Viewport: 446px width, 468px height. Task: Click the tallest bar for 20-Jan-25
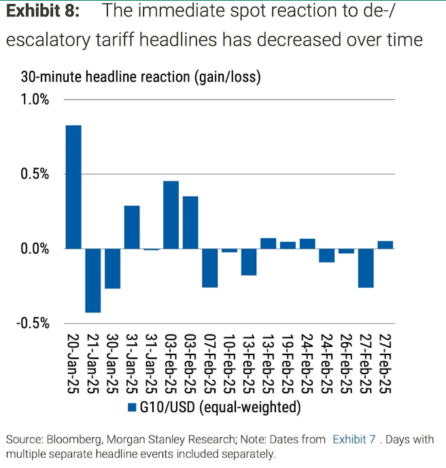[73, 187]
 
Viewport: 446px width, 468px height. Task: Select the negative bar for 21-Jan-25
[93, 280]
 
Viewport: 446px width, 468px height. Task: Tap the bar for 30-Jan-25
[112, 269]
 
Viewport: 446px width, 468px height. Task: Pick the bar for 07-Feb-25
[209, 268]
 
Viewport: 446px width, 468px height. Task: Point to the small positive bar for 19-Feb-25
[288, 246]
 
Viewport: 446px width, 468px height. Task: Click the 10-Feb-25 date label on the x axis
[229, 363]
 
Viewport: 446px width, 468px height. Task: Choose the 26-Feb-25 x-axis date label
[346, 363]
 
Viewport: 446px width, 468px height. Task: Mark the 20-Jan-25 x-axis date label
[73, 363]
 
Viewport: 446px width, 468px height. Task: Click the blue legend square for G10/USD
[133, 407]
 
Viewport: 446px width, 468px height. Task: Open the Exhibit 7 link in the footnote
[354, 439]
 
